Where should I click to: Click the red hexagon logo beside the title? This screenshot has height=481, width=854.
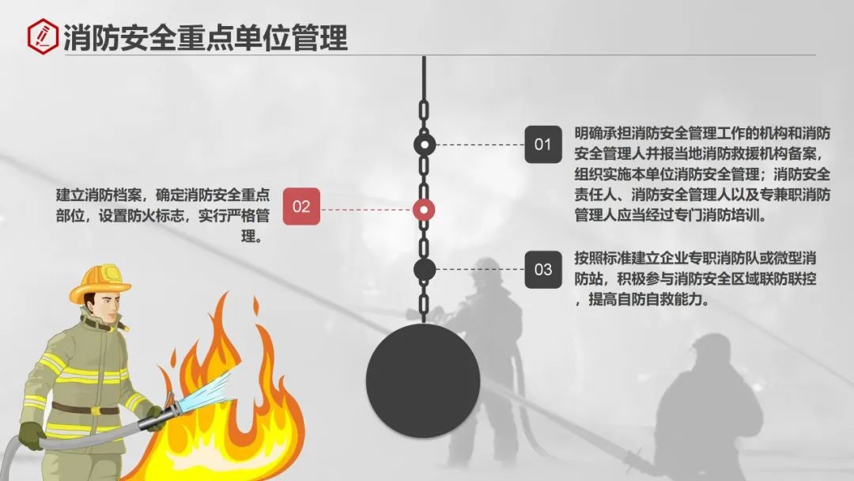(43, 36)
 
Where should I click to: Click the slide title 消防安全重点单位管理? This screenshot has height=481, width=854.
(206, 37)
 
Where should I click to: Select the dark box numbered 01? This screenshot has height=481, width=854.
(542, 145)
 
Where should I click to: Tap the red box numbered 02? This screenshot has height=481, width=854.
(301, 207)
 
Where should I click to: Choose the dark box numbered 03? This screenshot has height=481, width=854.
(543, 270)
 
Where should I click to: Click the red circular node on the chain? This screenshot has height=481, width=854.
(425, 209)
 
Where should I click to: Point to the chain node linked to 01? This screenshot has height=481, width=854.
(425, 145)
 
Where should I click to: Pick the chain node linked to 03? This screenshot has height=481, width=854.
(425, 270)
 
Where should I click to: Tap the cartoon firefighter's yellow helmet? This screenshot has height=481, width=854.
(100, 283)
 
